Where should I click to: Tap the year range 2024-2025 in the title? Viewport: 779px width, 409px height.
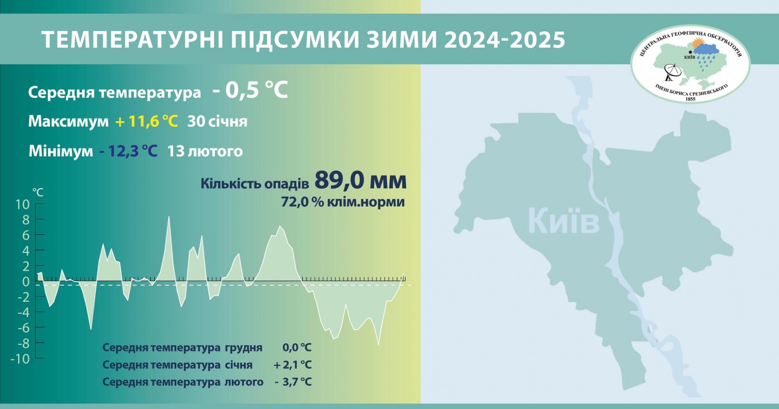tap(504, 39)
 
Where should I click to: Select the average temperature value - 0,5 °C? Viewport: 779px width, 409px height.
tap(250, 90)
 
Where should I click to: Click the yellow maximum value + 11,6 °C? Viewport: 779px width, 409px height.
tap(146, 121)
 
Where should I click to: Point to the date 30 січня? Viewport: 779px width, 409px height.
tap(217, 121)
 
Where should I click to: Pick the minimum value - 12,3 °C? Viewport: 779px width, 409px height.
tap(129, 151)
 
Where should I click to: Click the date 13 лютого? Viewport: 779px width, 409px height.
tap(205, 151)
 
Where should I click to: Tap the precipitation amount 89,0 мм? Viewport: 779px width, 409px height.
tap(360, 180)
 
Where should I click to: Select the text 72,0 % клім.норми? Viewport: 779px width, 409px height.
tap(343, 202)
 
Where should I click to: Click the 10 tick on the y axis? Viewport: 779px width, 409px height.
tap(23, 204)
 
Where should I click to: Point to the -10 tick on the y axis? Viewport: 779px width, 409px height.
tap(20, 359)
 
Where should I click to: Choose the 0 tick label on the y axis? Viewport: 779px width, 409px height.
tap(26, 282)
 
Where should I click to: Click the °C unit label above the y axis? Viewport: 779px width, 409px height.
tap(38, 192)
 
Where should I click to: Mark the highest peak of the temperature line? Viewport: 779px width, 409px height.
tap(169, 216)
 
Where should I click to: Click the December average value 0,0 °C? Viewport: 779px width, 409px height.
tap(297, 347)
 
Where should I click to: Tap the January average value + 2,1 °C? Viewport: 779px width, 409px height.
tap(293, 365)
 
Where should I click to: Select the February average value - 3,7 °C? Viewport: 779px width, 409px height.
tap(293, 382)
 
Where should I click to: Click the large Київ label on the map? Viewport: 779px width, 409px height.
tap(564, 221)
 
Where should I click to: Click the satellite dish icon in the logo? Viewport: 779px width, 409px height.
tap(672, 72)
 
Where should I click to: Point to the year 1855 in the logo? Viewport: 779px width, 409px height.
tap(690, 99)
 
